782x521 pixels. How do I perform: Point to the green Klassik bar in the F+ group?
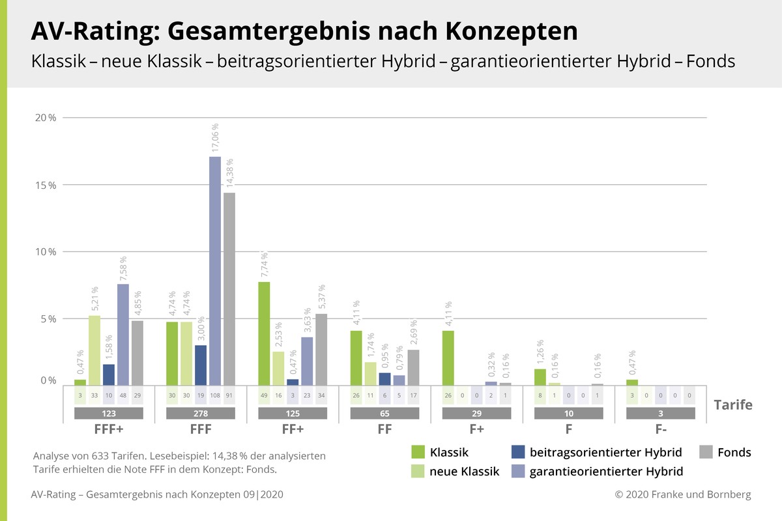[448, 358]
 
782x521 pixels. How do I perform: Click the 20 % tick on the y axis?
[47, 118]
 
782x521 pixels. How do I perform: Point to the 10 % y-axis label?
[47, 252]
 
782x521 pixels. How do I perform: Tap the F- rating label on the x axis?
[661, 430]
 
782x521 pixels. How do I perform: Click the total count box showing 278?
[200, 414]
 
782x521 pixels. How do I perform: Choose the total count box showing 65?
[384, 414]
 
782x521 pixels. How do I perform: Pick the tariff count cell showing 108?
[215, 395]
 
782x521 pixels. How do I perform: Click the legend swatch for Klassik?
[418, 452]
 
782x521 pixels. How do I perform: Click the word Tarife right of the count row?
[733, 405]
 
